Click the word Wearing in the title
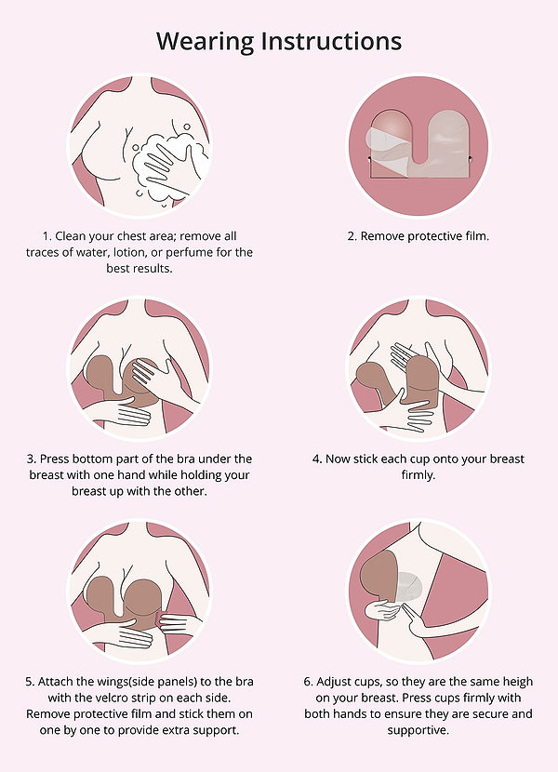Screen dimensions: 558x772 (206, 41)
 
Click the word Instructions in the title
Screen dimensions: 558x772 (331, 41)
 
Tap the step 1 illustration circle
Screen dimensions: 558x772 (139, 145)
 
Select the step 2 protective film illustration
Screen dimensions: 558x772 (419, 145)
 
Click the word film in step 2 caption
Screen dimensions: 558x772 (476, 236)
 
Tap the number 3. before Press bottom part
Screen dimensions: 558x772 (32, 459)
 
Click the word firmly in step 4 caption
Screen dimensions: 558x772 (418, 475)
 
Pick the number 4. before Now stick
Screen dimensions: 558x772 (318, 459)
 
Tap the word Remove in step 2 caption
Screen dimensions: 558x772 (379, 236)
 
